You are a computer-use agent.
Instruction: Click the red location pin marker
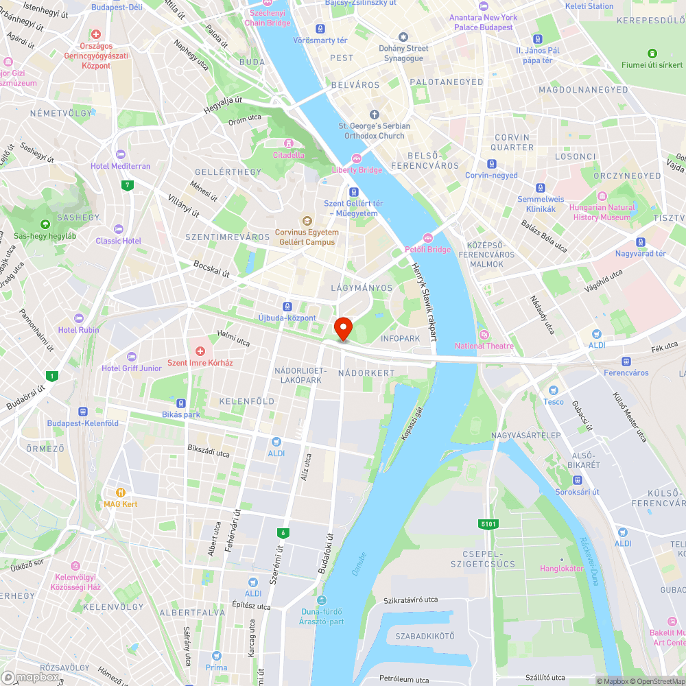[343, 329]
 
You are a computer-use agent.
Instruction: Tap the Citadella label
[289, 154]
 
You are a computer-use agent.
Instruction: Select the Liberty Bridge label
[357, 169]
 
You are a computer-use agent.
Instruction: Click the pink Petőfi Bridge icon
[427, 238]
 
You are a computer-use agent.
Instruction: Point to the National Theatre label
[484, 346]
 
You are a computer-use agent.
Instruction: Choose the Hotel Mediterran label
[121, 166]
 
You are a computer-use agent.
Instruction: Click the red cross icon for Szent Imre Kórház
[200, 351]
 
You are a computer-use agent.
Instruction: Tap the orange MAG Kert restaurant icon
[121, 492]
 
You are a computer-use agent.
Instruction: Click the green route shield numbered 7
[126, 185]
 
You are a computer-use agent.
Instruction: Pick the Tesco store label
[553, 401]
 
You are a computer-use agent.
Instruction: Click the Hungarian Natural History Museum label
[602, 212]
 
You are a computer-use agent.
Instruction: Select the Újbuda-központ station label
[287, 318]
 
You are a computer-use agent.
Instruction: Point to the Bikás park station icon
[181, 403]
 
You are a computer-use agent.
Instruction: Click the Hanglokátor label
[561, 568]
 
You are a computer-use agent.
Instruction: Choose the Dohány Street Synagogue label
[403, 53]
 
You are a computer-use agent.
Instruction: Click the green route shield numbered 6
[282, 533]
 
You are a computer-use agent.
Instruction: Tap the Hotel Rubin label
[78, 329]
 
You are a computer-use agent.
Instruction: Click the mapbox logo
[30, 677]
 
